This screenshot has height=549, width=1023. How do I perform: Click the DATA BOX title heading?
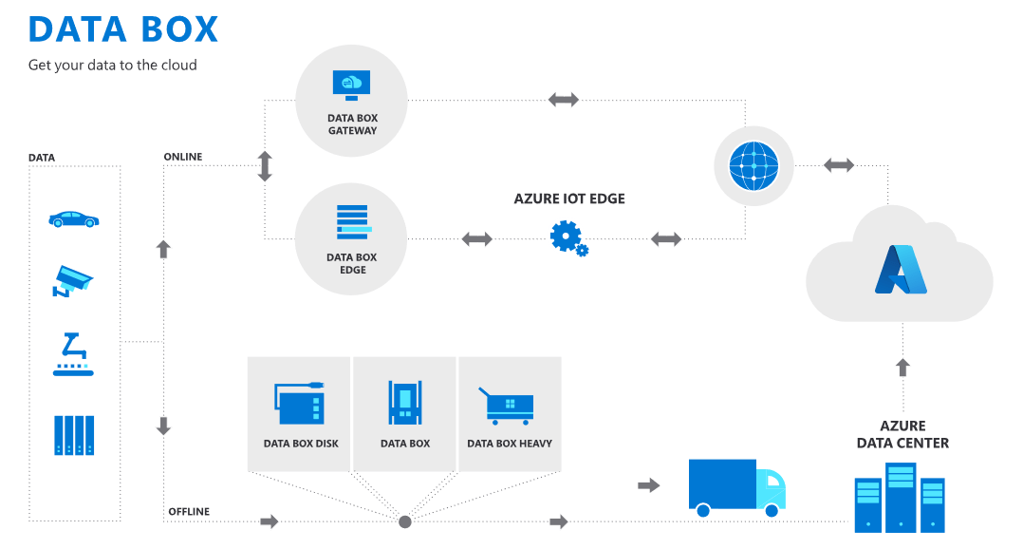123,29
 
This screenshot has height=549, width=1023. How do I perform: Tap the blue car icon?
74,218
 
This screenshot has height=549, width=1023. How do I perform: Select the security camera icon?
73,279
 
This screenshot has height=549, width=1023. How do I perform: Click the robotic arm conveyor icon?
73,354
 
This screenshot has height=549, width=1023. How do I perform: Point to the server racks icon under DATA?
74,435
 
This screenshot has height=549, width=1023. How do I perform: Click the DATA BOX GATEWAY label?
352,124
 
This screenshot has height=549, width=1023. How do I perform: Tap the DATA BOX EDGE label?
351,263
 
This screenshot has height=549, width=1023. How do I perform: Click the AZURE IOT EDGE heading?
569,199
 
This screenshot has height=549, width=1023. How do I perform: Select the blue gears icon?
568,237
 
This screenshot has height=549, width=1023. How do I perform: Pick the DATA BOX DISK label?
301,444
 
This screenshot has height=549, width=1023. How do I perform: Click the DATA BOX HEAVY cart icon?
509,405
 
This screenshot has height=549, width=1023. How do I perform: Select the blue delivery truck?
736,487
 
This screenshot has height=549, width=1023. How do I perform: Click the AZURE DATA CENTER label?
902,434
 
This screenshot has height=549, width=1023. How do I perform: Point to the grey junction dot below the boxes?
405,521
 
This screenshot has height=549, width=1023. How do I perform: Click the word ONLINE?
183,157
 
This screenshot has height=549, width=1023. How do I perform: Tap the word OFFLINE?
189,512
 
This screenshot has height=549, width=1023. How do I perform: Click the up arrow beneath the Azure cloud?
902,368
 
